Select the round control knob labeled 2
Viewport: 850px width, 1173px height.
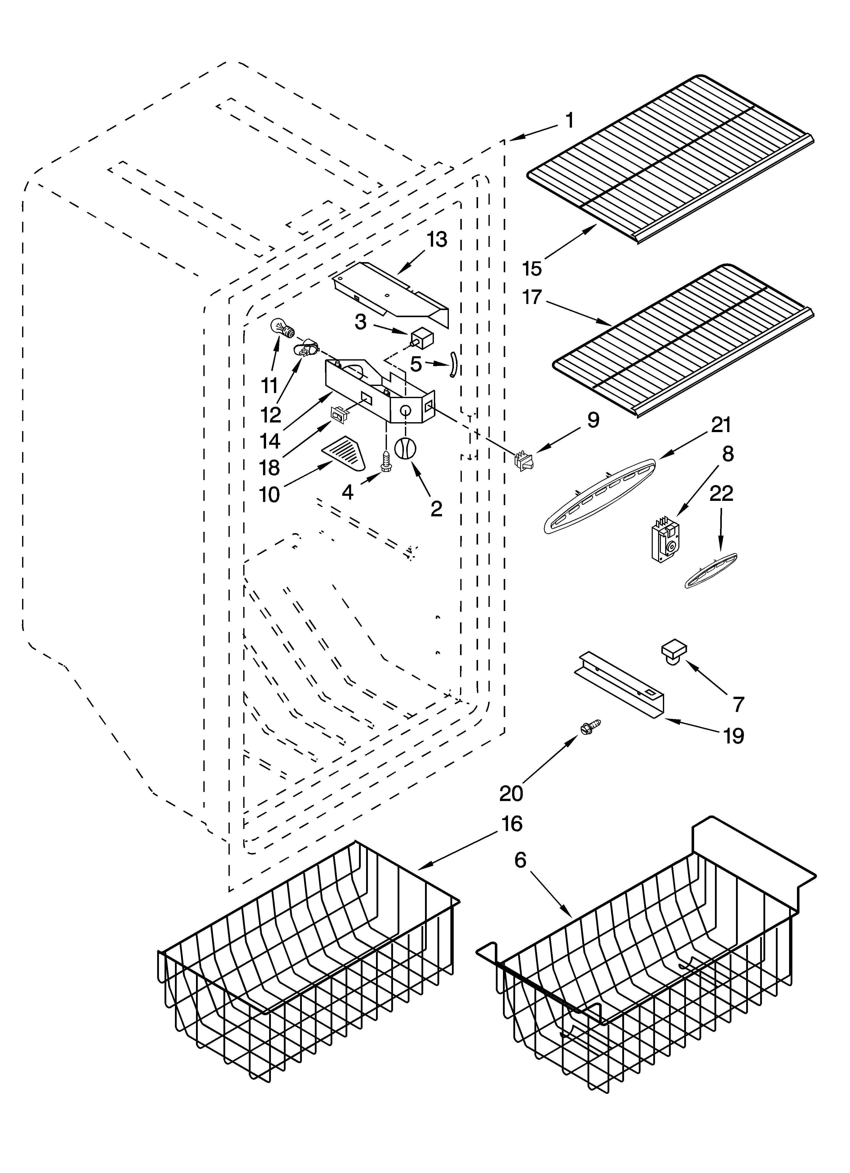coord(405,447)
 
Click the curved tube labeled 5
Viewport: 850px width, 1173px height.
coord(453,364)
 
